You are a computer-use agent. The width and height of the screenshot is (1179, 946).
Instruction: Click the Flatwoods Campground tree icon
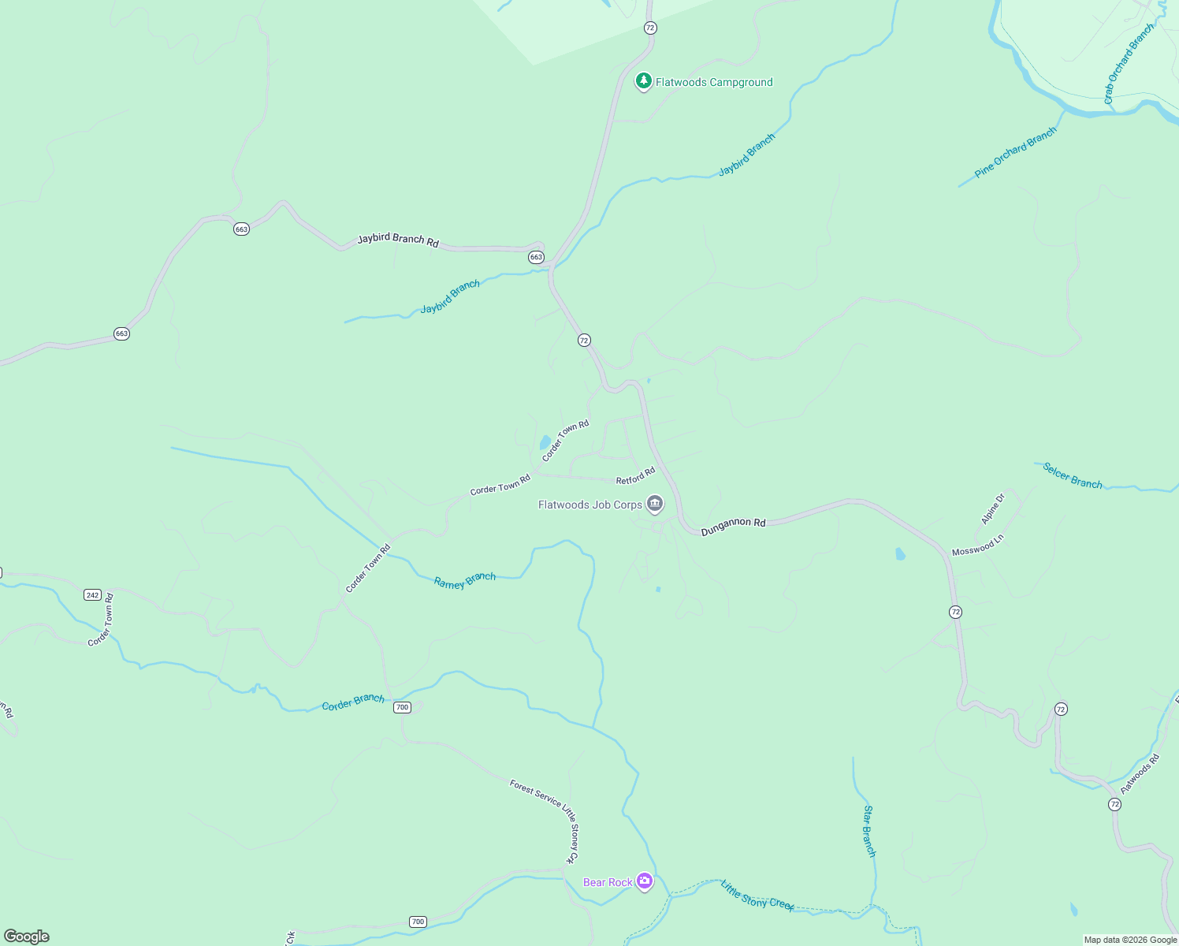643,81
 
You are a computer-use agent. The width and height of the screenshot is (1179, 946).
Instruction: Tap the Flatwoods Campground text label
714,82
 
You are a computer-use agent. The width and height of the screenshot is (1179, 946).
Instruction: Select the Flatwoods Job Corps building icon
654,504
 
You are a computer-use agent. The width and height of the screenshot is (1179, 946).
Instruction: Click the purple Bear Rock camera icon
645,881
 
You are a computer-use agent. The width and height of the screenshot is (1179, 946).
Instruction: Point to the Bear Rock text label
607,882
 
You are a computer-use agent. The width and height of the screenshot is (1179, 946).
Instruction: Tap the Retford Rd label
635,476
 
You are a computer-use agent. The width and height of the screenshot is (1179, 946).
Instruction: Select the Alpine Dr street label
993,509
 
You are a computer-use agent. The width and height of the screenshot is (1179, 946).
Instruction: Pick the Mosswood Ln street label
977,546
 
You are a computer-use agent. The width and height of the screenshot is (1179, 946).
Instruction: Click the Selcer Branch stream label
1072,476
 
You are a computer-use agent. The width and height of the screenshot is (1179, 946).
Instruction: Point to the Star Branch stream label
868,831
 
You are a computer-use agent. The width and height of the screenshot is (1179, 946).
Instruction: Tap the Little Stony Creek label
757,895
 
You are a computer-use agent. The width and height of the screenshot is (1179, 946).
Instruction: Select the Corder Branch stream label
353,702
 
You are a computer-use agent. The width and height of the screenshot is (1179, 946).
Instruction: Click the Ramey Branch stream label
465,581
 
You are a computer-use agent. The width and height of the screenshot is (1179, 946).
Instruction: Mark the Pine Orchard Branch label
1015,153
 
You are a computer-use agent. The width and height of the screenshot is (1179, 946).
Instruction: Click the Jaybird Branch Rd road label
398,240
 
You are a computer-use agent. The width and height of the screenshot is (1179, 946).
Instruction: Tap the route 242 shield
92,595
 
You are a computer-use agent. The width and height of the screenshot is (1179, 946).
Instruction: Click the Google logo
27,937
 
